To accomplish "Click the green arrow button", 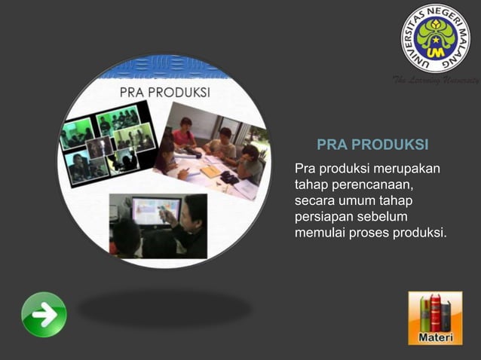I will point(44,314).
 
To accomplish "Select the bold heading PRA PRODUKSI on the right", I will point(372,144).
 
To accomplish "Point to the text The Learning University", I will point(436,81).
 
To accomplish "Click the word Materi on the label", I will point(435,337).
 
